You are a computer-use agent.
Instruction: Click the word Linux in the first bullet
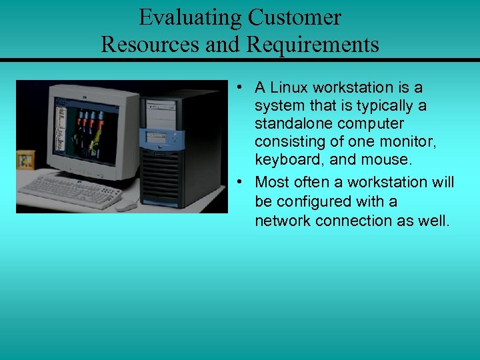pos(293,87)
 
